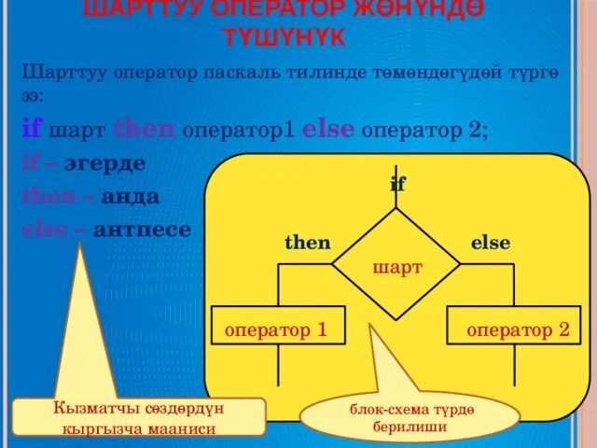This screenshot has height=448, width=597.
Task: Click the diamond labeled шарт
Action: pos(396,267)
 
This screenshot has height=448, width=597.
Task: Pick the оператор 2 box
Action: pos(517,329)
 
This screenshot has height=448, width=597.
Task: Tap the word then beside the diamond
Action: pos(307,243)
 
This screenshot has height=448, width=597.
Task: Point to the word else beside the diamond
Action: pos(490,243)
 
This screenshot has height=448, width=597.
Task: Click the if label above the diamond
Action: pos(397,185)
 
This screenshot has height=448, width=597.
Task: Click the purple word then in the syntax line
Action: pos(144,129)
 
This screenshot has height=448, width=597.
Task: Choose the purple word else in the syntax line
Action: pos(327,129)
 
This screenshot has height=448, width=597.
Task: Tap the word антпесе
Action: pos(141,229)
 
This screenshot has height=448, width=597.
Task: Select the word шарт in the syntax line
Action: pos(77,130)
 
